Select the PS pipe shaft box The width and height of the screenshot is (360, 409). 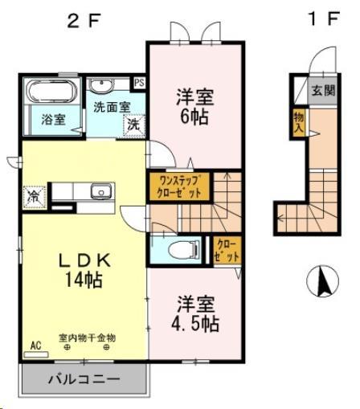140,82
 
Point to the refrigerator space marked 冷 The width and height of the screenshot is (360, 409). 35,195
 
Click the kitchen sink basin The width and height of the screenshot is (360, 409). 100,191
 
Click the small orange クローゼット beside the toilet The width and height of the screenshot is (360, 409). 222,250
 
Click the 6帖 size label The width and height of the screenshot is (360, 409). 194,116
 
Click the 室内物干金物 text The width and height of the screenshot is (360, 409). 87,337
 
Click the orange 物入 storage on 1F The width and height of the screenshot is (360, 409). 298,124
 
